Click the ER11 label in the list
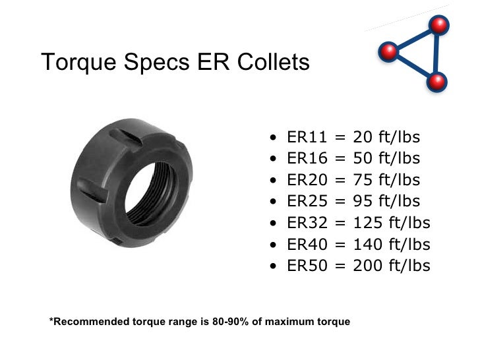(x=307, y=138)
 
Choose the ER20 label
(x=307, y=180)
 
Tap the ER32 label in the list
(x=307, y=223)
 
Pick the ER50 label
(x=307, y=266)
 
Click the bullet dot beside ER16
(x=274, y=160)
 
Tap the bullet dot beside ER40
(x=274, y=245)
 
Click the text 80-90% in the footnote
(x=217, y=322)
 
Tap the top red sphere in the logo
(x=438, y=25)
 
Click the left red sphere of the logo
(x=390, y=51)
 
